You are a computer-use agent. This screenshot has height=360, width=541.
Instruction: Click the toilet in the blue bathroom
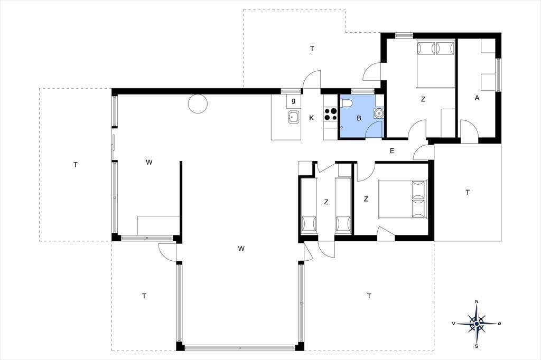[x=346, y=103]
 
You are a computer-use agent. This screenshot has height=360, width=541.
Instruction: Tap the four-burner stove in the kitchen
[x=331, y=114]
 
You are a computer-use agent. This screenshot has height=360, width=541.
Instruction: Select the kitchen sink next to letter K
[x=293, y=117]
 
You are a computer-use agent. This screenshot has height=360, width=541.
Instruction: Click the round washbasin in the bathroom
[x=379, y=113]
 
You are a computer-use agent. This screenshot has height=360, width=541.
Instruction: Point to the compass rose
[x=477, y=324]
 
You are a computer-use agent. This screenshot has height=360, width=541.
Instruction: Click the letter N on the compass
[x=477, y=302]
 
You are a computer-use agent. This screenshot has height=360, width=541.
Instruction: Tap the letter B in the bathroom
[x=359, y=118]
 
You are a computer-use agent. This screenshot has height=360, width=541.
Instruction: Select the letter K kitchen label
[x=312, y=118]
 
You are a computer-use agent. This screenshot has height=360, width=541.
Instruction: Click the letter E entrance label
[x=392, y=150]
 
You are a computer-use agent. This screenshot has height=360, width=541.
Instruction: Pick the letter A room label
[x=477, y=98]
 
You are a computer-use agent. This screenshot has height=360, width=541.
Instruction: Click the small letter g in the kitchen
[x=294, y=101]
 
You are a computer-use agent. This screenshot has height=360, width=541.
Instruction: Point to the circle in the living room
[x=198, y=103]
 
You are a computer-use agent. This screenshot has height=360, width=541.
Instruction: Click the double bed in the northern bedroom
[x=436, y=64]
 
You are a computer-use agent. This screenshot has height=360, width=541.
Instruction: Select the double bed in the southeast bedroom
[x=403, y=200]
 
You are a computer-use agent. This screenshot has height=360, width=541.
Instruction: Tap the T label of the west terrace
[x=76, y=165]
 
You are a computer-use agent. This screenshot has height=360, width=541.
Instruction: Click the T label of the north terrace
[x=312, y=49]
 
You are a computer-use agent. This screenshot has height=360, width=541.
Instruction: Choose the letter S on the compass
[x=477, y=346]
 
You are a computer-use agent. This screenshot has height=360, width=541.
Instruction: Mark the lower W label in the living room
[x=241, y=249]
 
